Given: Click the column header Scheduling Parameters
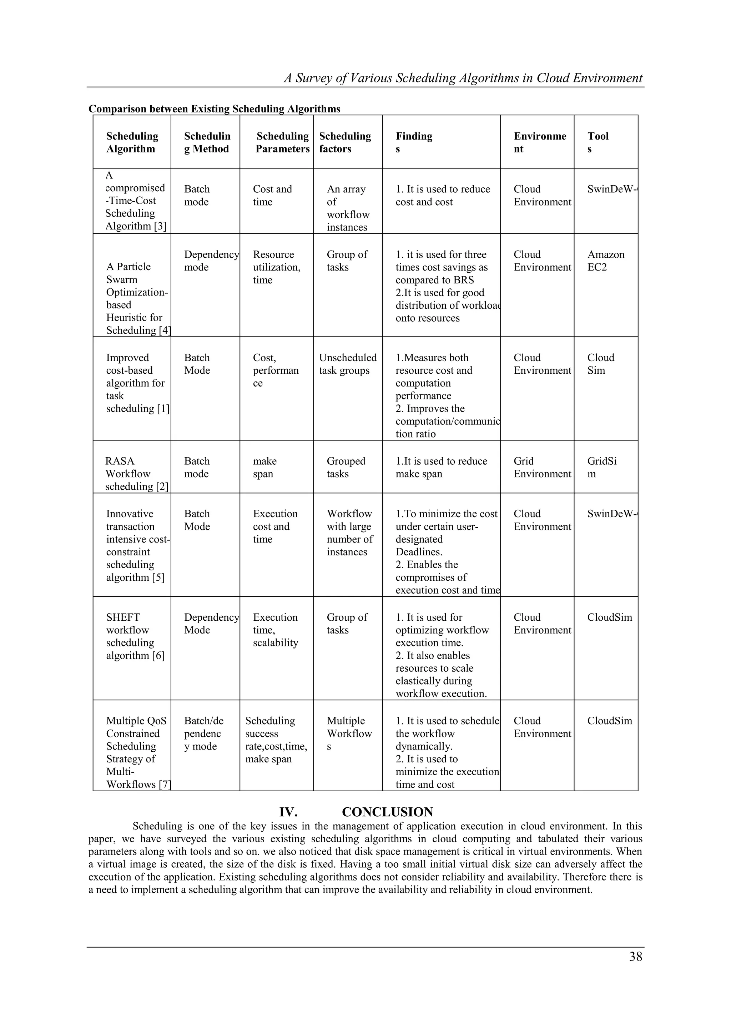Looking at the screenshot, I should [282, 142].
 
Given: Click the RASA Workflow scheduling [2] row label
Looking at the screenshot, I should [136, 473].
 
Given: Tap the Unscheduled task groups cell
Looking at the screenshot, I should [348, 364].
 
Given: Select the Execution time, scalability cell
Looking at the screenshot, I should [275, 630].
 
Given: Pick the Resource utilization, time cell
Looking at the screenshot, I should [276, 267].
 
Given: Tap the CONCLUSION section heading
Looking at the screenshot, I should [387, 812].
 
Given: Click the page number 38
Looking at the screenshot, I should [635, 957].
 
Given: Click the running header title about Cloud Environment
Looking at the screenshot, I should [463, 79].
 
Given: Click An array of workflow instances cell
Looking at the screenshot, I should [348, 208].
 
